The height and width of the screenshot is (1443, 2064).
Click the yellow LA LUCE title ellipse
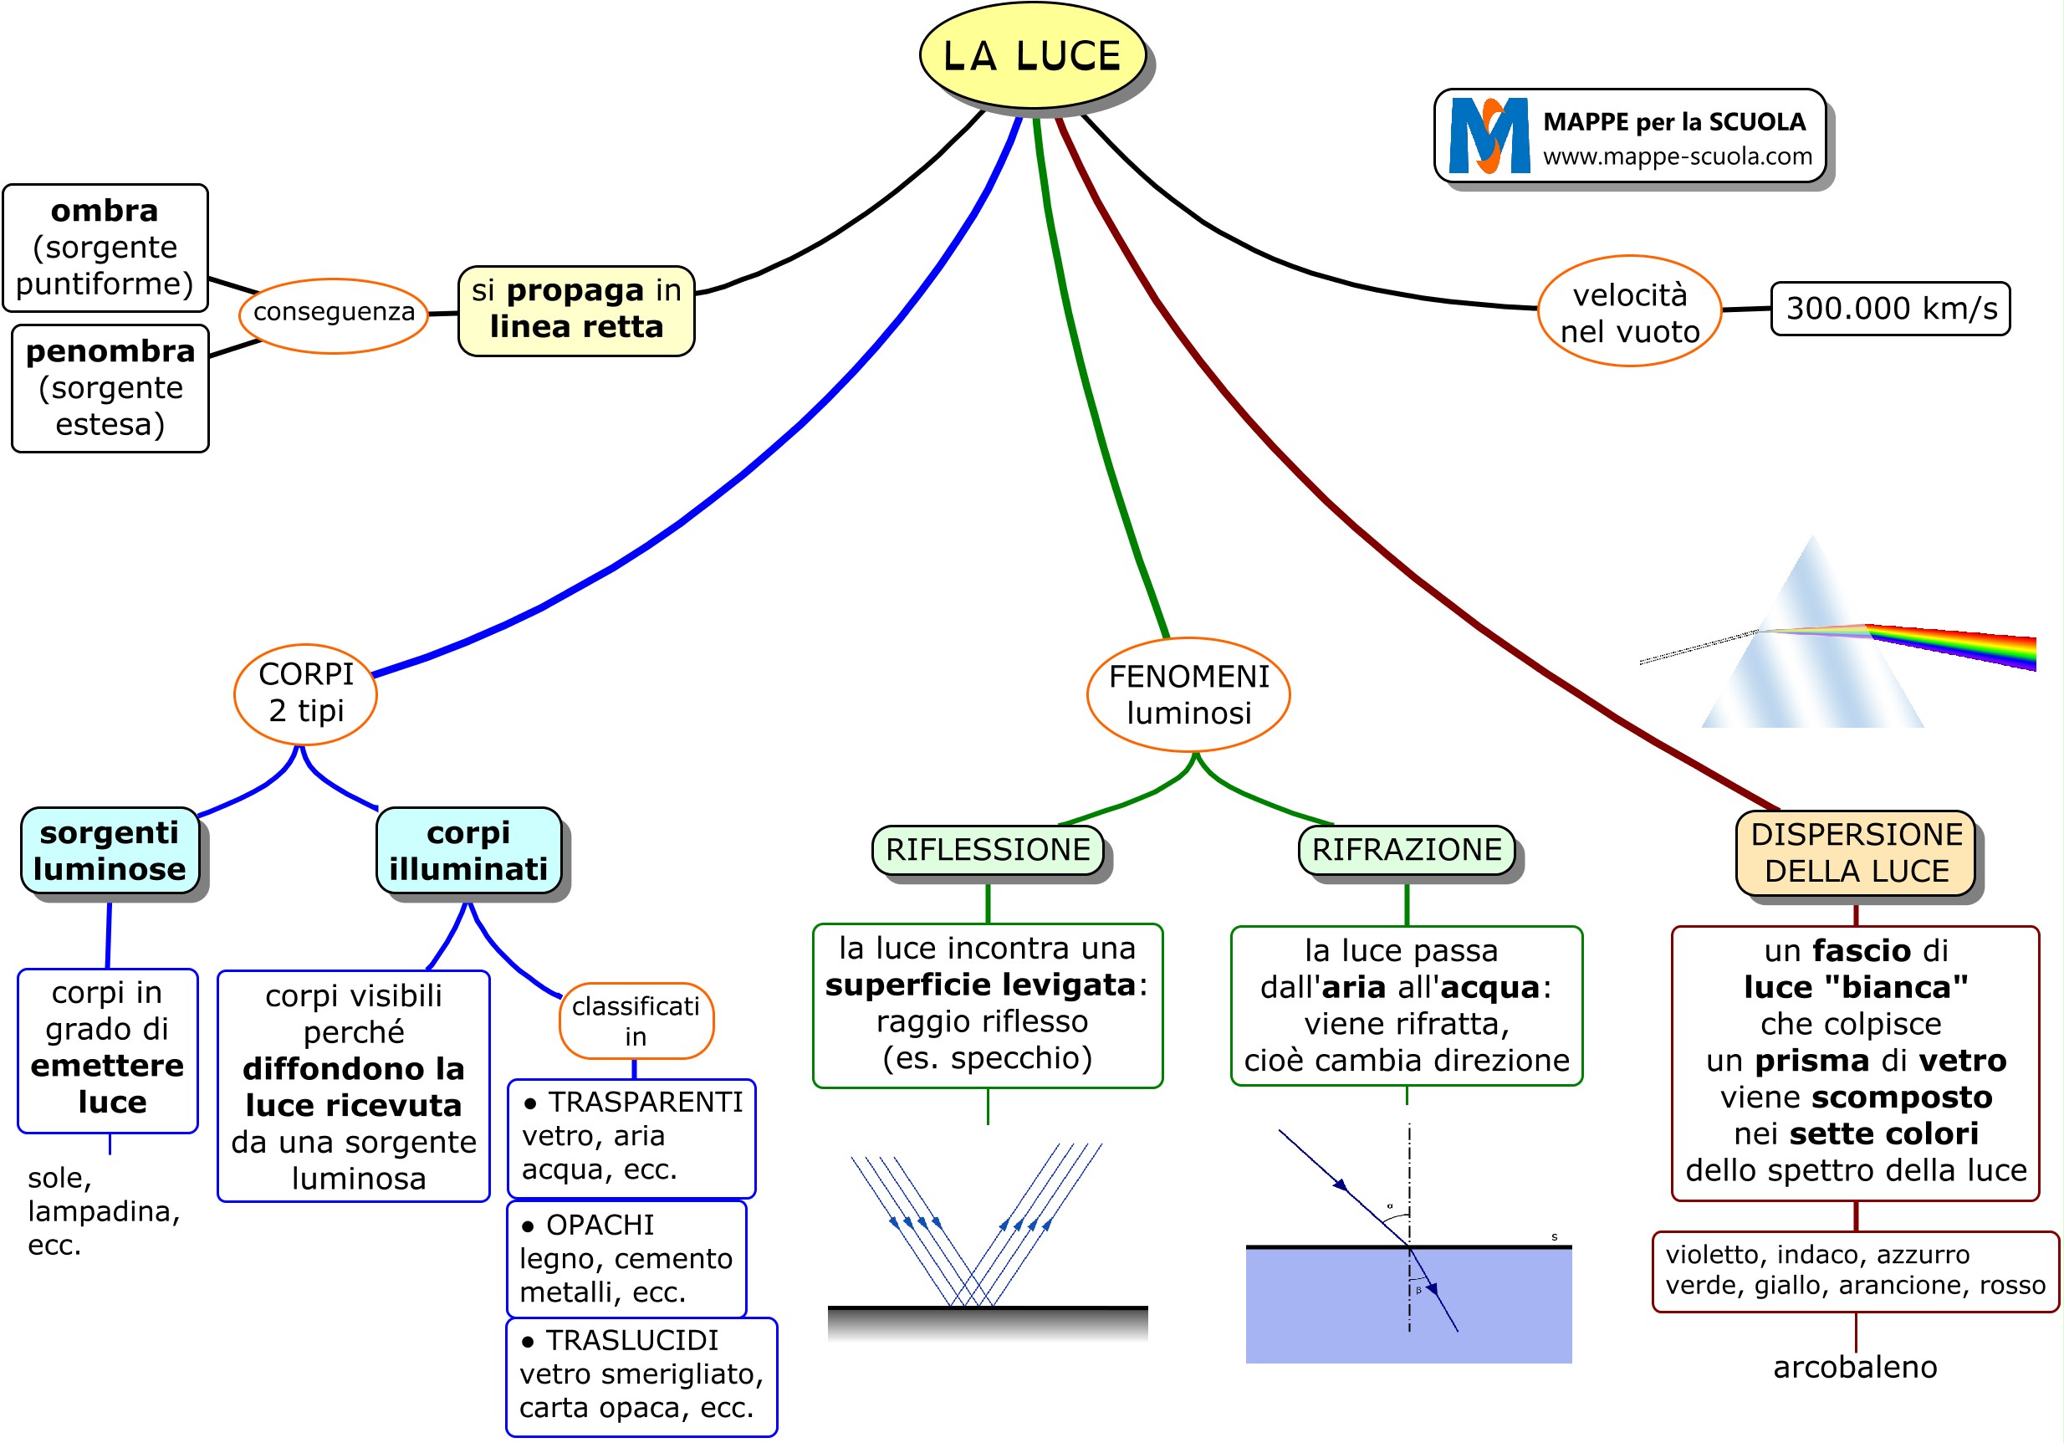1032,56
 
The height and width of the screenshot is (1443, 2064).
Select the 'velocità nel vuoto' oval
1629,312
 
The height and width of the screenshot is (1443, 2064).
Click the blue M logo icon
1489,135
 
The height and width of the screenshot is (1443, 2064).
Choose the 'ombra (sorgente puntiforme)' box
105,248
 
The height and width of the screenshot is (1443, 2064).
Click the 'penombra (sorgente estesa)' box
110,388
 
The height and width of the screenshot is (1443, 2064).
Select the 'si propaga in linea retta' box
576,310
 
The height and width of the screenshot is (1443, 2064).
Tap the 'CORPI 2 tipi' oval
305,693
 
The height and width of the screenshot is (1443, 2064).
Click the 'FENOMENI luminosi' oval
1188,694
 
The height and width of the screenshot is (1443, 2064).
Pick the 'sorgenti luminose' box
110,851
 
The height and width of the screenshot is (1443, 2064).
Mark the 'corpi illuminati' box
468,851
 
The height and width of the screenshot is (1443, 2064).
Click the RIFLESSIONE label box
987,850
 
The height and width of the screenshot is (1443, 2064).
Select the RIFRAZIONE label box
1406,850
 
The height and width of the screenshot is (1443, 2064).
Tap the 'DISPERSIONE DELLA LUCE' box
1856,852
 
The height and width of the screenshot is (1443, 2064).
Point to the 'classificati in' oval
636,1021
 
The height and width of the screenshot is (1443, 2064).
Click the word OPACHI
600,1225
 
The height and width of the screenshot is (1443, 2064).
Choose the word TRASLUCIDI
632,1340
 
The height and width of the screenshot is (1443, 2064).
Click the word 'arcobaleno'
1855,1367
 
